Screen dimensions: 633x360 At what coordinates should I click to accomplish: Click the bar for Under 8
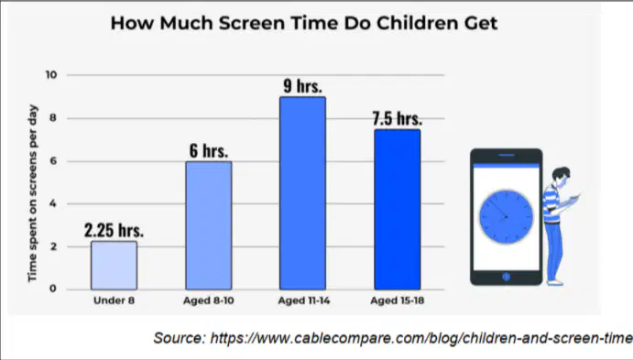[114, 265]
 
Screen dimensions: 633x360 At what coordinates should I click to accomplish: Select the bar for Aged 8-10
[209, 225]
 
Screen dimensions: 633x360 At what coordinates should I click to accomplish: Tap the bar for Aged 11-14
[303, 193]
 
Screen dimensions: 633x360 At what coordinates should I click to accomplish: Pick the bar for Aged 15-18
[398, 210]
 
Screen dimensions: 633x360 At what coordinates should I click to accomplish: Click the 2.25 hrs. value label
[114, 230]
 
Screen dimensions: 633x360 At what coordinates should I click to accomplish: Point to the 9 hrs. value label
[303, 85]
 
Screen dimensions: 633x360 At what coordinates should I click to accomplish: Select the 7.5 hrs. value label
[398, 118]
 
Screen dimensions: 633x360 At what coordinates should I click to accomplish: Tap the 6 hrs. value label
[209, 150]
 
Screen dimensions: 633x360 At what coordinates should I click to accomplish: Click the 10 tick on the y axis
[51, 75]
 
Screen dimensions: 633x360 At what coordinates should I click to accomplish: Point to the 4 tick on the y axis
[53, 203]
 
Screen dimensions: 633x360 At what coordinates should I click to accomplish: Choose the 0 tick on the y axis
[53, 289]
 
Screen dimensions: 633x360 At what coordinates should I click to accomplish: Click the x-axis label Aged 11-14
[303, 300]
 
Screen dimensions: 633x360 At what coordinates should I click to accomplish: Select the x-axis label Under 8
[114, 300]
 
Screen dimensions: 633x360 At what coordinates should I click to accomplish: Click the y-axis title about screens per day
[32, 193]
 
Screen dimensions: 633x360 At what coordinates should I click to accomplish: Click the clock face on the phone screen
[507, 217]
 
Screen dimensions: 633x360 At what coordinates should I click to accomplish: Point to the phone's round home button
[507, 277]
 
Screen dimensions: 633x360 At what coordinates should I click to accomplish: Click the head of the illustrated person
[562, 175]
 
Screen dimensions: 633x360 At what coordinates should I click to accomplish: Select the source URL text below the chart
[393, 338]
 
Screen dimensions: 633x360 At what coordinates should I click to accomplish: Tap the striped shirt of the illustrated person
[551, 203]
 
